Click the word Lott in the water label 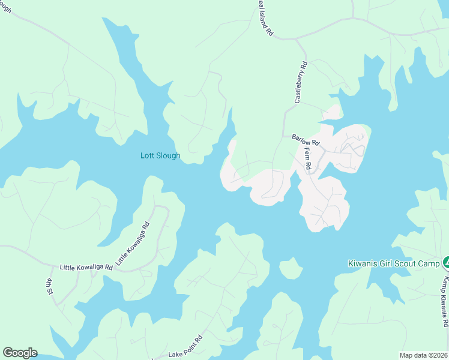pos(148,156)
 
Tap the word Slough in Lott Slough pos(168,156)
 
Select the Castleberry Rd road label pos(301,82)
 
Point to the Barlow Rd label pos(306,140)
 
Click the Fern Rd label pos(307,158)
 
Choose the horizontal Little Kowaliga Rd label pos(86,266)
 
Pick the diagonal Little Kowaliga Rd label pos(132,244)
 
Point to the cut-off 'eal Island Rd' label pos(265,19)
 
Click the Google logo pos(19,353)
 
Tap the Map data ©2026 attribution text pos(423,355)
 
